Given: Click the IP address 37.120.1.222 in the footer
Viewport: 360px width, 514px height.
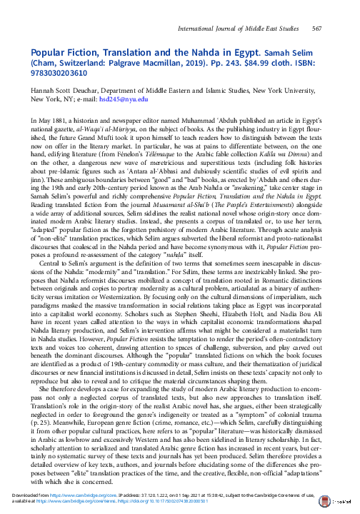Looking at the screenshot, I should point(150,495).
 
